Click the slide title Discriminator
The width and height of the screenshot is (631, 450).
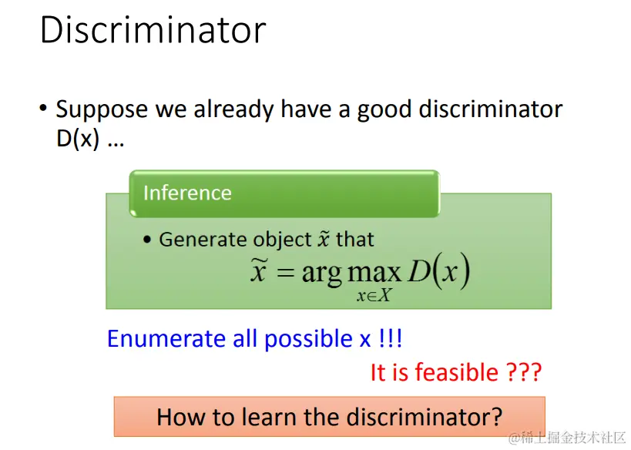coord(153,29)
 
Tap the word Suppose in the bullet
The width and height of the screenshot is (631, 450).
coord(102,110)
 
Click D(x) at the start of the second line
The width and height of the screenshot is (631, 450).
coord(78,139)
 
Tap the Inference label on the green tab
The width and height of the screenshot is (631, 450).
coord(187,193)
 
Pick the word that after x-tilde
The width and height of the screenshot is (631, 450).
coord(355,240)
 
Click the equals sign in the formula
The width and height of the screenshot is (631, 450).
coord(285,272)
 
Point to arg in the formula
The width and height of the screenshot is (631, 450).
coord(321,274)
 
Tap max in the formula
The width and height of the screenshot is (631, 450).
coord(374,273)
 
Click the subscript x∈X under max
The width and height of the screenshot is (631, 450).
coord(374,296)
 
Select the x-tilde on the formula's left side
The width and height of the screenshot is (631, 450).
coord(258,269)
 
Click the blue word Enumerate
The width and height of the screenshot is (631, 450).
coord(166,338)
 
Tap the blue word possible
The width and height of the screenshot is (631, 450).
coord(308,339)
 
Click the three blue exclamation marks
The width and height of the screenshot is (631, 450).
coord(391,338)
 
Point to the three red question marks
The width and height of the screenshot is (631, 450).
coord(524,372)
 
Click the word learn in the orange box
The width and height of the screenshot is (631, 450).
coord(269,417)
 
